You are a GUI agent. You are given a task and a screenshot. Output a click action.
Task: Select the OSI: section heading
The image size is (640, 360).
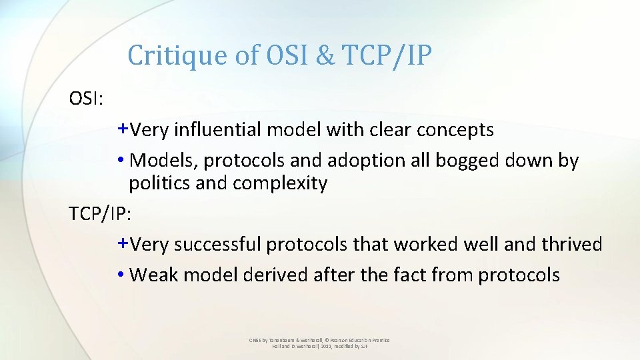point(86,99)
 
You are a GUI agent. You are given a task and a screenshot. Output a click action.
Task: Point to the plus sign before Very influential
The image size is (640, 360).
point(123,128)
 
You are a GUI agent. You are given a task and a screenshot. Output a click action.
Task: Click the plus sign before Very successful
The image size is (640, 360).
point(123,243)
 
